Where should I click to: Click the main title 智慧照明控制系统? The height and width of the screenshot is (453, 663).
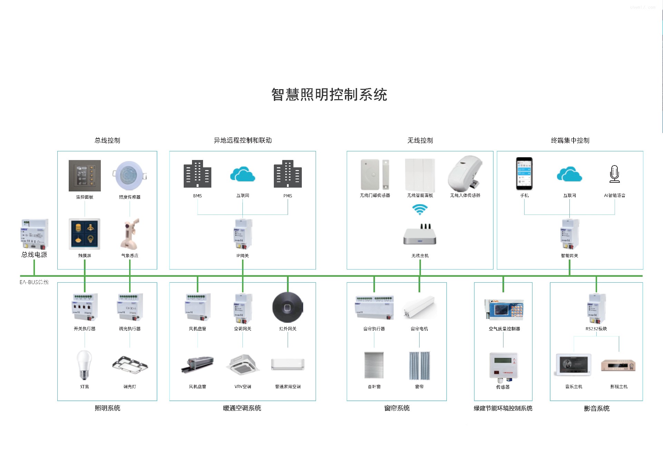329,95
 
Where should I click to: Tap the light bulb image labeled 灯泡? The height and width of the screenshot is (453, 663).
84,365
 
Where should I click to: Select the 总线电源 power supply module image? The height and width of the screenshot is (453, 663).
34,234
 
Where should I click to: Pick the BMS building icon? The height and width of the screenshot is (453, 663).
197,174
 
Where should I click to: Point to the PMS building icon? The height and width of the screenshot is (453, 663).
287,174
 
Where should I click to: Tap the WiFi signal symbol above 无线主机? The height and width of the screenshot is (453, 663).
420,209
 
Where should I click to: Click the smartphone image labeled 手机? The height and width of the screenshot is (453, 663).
524,173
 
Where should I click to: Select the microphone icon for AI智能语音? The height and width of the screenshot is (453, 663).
614,174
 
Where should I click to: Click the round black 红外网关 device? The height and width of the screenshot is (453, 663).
287,308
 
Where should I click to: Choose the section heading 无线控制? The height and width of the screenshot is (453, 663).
420,140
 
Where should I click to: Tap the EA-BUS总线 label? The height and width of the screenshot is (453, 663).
34,282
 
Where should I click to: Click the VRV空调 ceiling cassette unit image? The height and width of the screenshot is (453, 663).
243,365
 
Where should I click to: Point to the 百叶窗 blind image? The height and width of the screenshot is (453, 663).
374,365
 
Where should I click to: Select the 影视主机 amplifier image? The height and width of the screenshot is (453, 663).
618,365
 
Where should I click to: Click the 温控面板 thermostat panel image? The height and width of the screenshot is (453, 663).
85,176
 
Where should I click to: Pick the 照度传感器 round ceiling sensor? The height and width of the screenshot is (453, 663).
129,175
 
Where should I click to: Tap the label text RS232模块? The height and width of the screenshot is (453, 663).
596,329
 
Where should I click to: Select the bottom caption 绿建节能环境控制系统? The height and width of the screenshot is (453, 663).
503,408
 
